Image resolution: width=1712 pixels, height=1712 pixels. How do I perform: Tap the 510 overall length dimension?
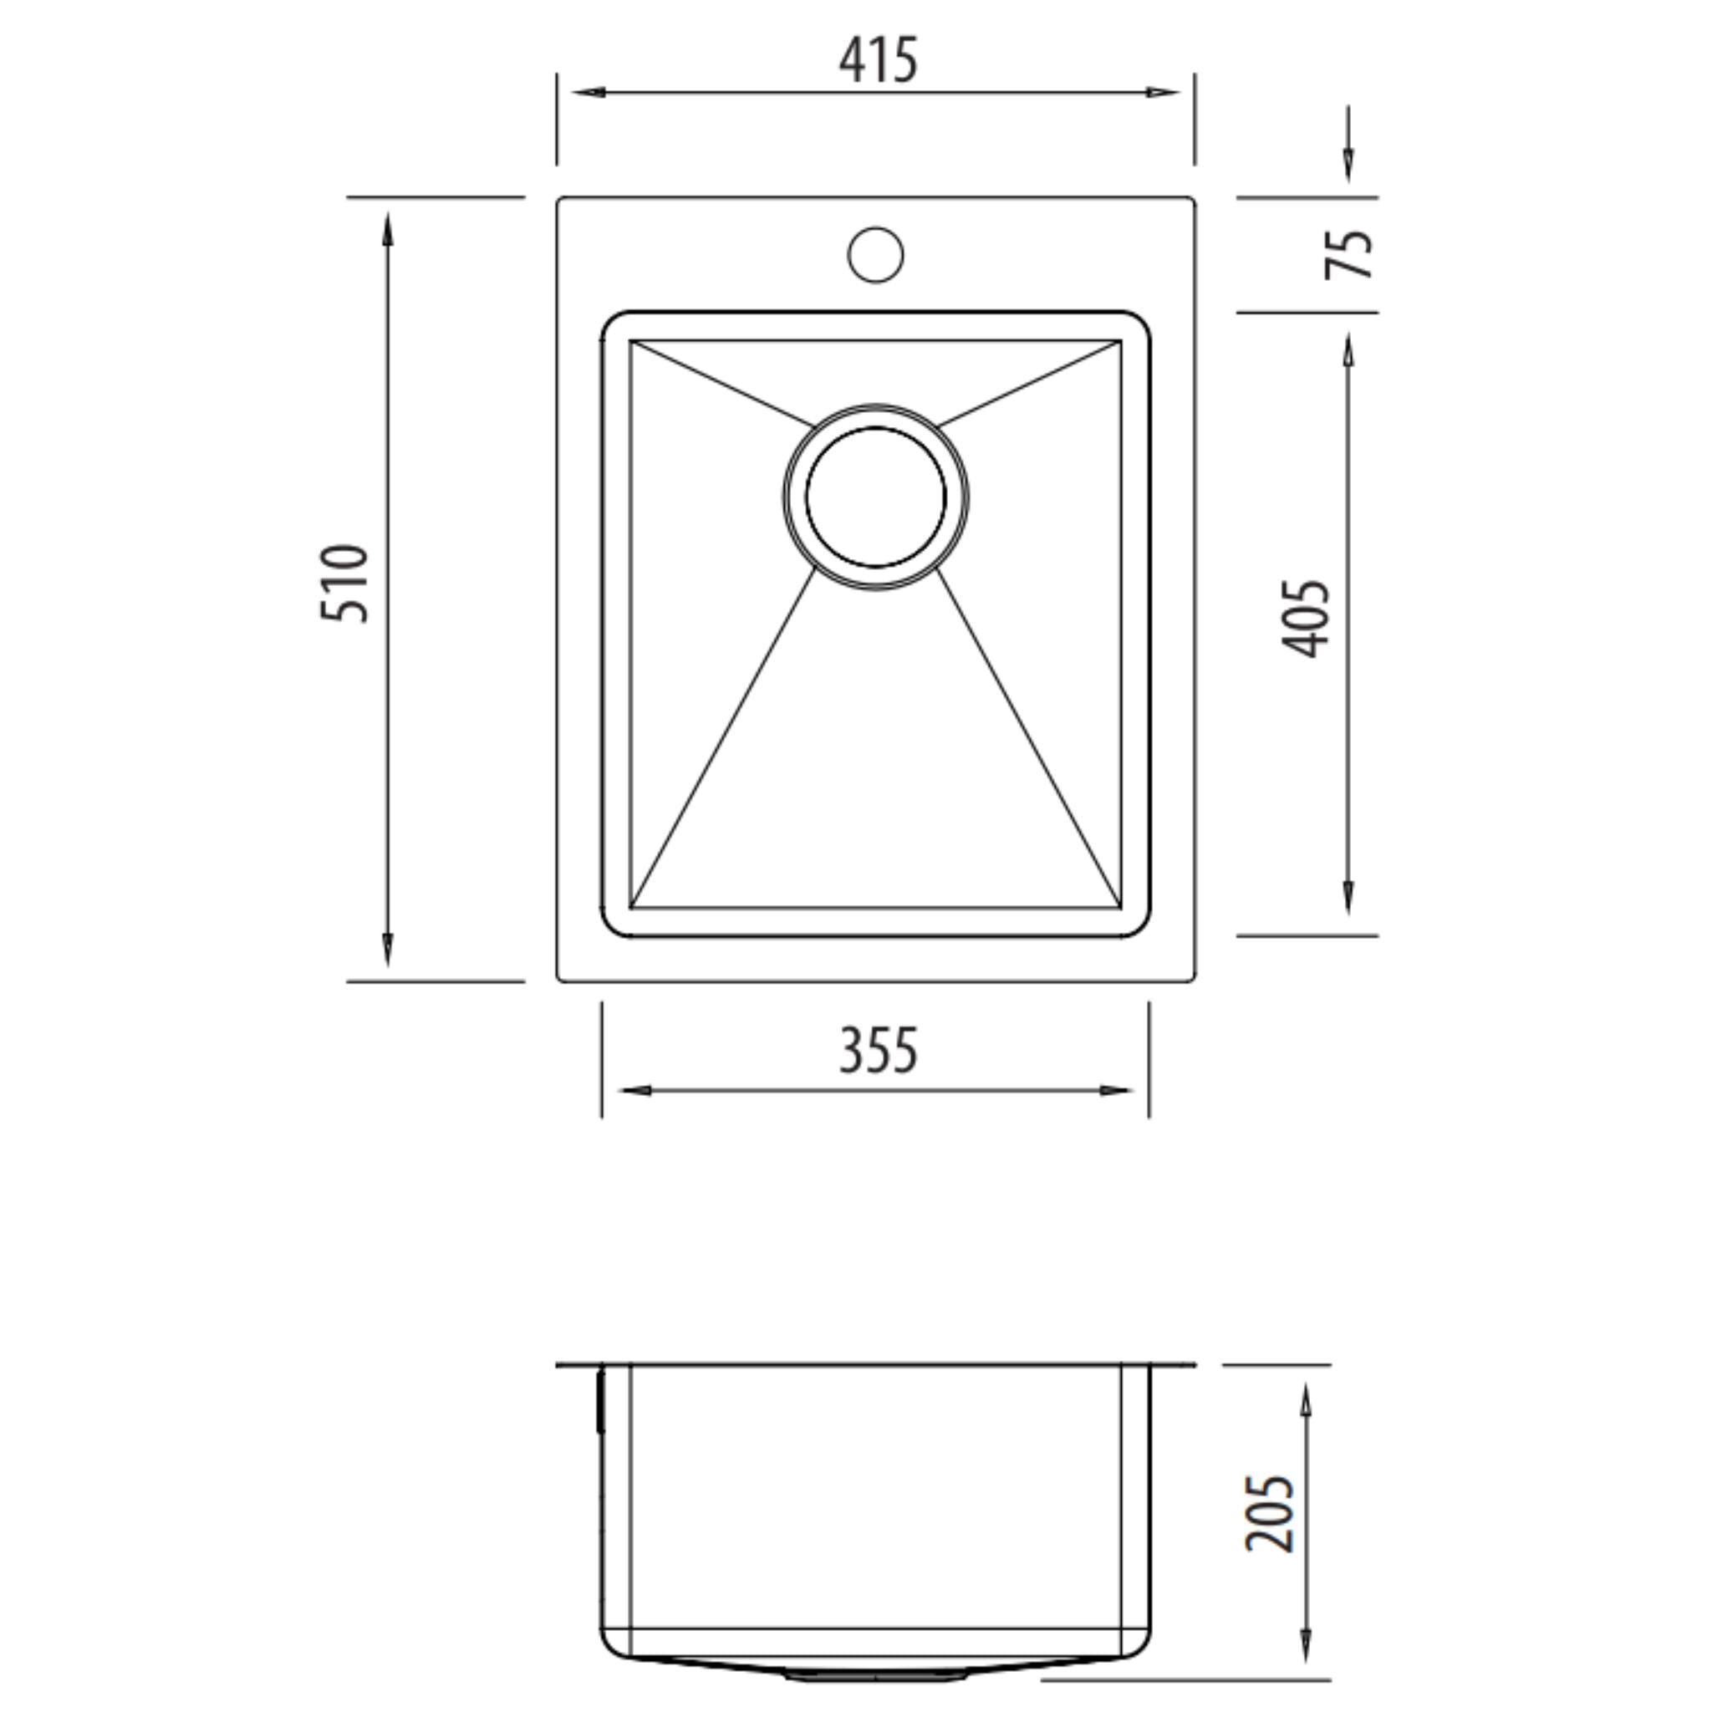pos(344,584)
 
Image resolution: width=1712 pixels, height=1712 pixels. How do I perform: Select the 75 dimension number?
pos(1348,254)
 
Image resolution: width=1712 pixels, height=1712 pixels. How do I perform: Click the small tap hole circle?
pos(875,254)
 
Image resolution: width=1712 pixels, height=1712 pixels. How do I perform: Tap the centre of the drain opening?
pos(875,497)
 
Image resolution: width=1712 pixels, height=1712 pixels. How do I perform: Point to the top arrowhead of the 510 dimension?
pos(387,228)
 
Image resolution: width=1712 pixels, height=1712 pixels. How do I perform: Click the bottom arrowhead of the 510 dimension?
pos(387,950)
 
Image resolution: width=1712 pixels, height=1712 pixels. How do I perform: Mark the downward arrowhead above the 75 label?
pos(1348,166)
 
